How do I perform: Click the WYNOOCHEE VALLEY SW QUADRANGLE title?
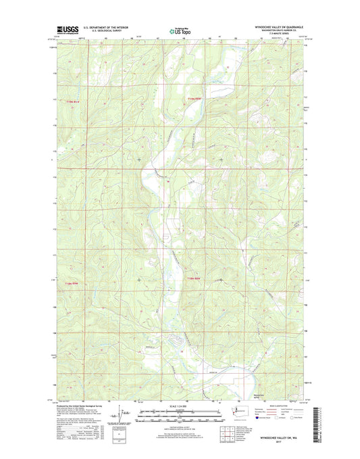point(272,28)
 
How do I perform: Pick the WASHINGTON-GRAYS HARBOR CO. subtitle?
point(277,31)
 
